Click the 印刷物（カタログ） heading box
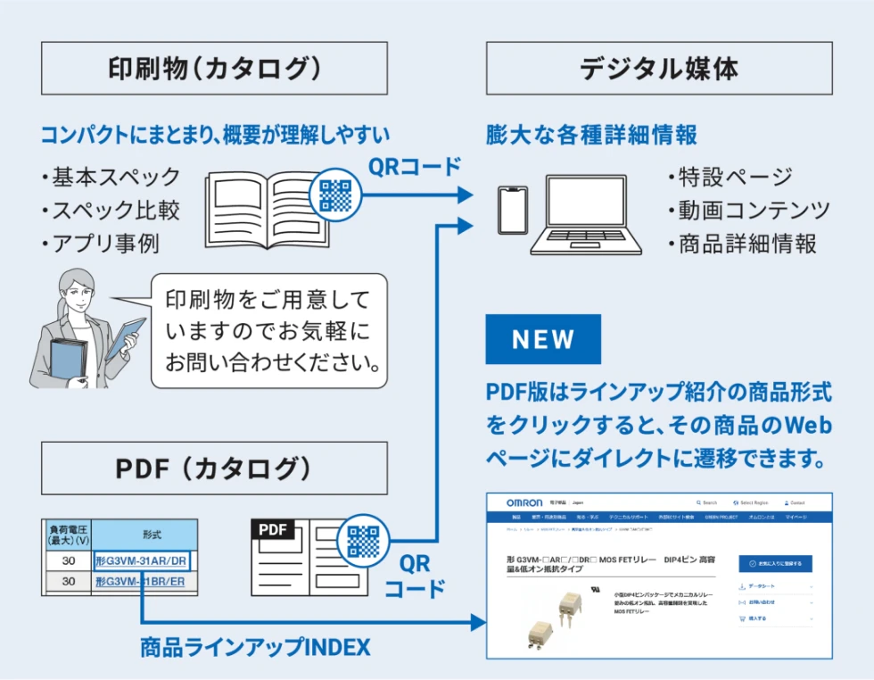(214, 68)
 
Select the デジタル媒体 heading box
(659, 68)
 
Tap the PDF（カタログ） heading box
(214, 469)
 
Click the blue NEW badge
(542, 339)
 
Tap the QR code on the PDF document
(363, 541)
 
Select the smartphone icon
(512, 211)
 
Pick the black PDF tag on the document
(276, 529)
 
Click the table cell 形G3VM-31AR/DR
(142, 561)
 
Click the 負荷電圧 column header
(68, 535)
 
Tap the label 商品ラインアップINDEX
(255, 647)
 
